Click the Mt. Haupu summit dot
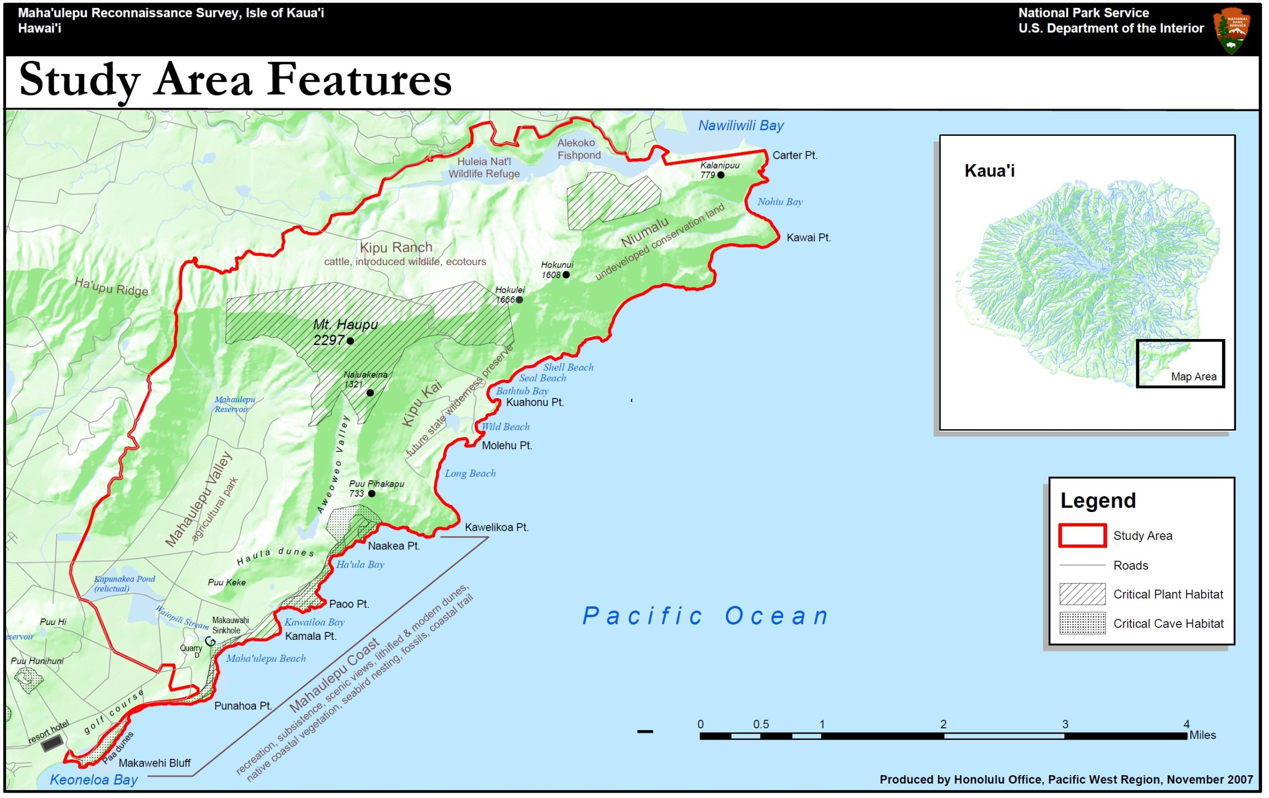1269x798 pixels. point(350,341)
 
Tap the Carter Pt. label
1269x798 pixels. point(795,156)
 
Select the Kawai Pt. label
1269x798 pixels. point(808,238)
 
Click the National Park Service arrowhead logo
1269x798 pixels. point(1232,30)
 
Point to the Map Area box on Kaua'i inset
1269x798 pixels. point(1180,364)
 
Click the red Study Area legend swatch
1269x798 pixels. point(1082,535)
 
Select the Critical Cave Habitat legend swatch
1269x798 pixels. point(1082,624)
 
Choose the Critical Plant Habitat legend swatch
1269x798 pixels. point(1082,594)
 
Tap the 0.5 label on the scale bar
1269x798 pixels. point(760,724)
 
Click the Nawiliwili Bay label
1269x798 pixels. point(741,125)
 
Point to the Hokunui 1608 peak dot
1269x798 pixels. point(566,275)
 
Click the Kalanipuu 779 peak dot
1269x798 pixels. point(721,175)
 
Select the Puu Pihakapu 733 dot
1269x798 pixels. point(372,494)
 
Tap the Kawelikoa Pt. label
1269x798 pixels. point(496,527)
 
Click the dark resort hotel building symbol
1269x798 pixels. point(52,743)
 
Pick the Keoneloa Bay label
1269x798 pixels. point(94,780)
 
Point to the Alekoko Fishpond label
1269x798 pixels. point(578,149)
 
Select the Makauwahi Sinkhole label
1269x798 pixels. point(230,625)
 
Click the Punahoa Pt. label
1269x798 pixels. point(243,706)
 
